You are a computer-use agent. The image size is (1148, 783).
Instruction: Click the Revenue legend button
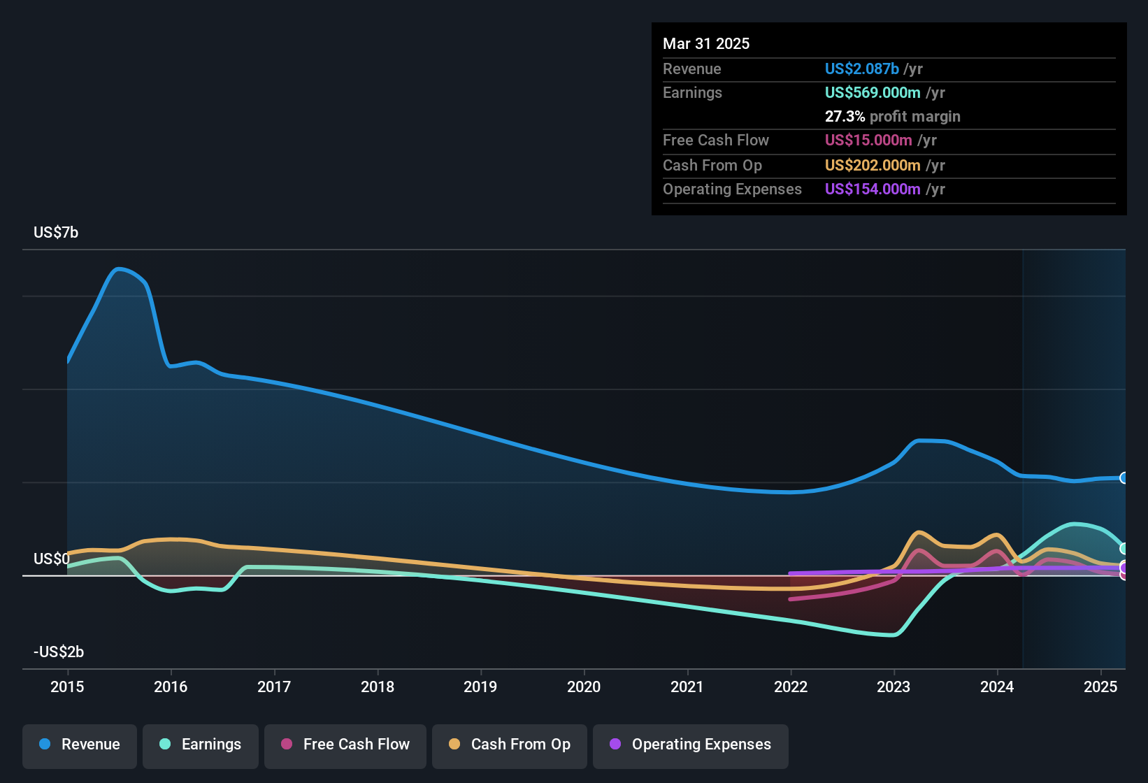(80, 745)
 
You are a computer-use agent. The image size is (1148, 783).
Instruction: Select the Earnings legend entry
(201, 745)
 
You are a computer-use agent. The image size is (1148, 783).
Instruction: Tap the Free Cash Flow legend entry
(345, 745)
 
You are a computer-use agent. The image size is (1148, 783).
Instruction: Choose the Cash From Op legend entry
(510, 745)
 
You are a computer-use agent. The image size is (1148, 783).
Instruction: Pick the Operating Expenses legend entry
(691, 745)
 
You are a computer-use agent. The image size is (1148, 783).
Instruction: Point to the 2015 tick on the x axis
(67, 687)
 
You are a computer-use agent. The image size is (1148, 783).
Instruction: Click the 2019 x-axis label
(480, 687)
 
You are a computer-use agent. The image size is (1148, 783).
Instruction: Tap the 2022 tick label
(791, 687)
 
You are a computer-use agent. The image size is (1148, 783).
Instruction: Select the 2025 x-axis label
(1100, 687)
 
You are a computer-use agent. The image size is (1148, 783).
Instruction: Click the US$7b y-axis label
(56, 232)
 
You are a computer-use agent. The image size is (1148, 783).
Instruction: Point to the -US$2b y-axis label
(59, 652)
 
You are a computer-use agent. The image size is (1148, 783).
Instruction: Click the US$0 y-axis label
(52, 559)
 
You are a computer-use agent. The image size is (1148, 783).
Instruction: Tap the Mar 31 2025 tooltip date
(706, 43)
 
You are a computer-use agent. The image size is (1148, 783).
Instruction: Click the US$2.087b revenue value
(861, 69)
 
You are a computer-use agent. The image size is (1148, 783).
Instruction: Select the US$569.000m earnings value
(873, 92)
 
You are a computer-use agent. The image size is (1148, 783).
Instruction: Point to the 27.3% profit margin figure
(845, 116)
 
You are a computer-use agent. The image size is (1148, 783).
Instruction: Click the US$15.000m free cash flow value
(868, 140)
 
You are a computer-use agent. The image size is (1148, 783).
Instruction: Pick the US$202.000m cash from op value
(873, 165)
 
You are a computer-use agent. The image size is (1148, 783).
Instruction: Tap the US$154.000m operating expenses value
(873, 189)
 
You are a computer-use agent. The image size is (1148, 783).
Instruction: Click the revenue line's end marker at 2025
(1124, 478)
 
